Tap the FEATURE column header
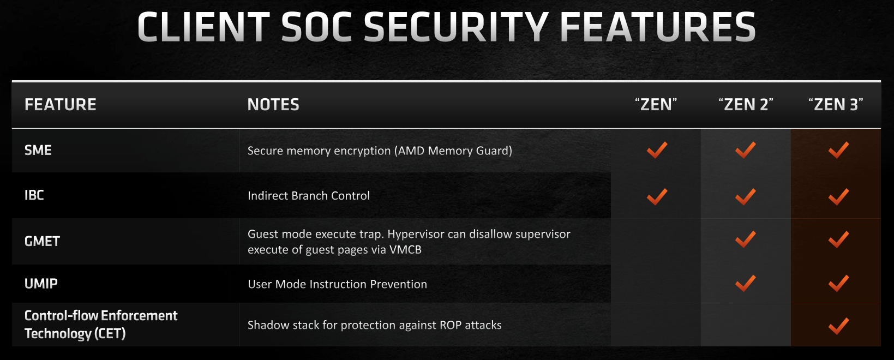[x=60, y=105]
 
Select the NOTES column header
[x=273, y=105]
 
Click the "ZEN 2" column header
[x=746, y=105]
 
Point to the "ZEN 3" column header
[x=836, y=105]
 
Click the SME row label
[x=38, y=150]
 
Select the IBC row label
[x=34, y=195]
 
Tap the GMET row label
[x=42, y=241]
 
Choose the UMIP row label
[x=41, y=284]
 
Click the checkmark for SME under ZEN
[x=657, y=149]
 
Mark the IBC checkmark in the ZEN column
[x=657, y=196]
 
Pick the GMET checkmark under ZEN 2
[x=745, y=239]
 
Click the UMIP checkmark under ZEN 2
[x=745, y=283]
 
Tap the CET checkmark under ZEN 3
[x=838, y=326]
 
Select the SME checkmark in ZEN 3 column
[x=838, y=149]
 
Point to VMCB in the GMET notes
[x=405, y=249]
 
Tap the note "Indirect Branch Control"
[x=309, y=196]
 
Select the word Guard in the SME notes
[x=494, y=151]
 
